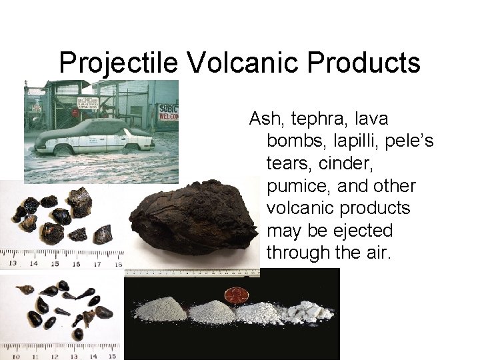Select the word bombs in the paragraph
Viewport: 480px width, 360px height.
(x=293, y=141)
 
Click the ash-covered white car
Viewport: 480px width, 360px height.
(x=97, y=137)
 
